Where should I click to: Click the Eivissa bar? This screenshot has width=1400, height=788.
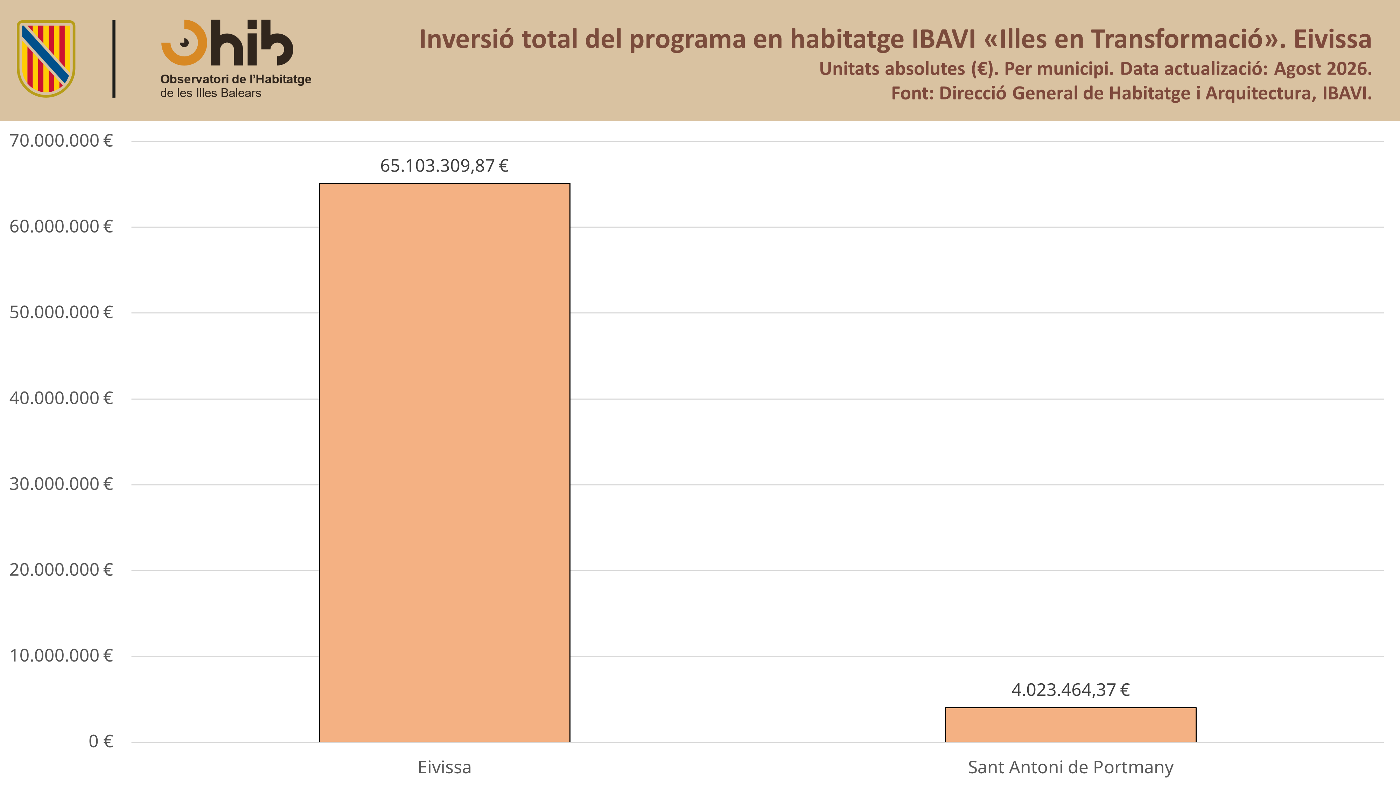pos(444,462)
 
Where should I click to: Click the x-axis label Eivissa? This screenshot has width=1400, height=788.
pos(444,767)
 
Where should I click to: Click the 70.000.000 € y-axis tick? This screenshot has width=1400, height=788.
pos(61,141)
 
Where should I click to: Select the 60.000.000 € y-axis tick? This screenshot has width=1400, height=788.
pos(61,227)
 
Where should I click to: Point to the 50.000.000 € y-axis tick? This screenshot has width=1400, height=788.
pos(61,313)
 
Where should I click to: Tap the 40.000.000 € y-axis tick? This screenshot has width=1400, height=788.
pos(61,399)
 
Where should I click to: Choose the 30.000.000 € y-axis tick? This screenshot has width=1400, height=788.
pos(61,484)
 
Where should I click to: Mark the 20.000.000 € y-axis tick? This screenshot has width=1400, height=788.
pos(61,570)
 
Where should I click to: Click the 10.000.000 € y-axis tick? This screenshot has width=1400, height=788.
pos(61,656)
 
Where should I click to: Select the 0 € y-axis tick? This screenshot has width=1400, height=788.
pos(100,742)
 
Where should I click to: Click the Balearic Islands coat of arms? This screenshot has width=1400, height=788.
pos(46,59)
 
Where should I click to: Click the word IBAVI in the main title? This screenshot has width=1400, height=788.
pos(944,39)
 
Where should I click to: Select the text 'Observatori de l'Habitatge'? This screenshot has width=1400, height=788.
pos(235,80)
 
